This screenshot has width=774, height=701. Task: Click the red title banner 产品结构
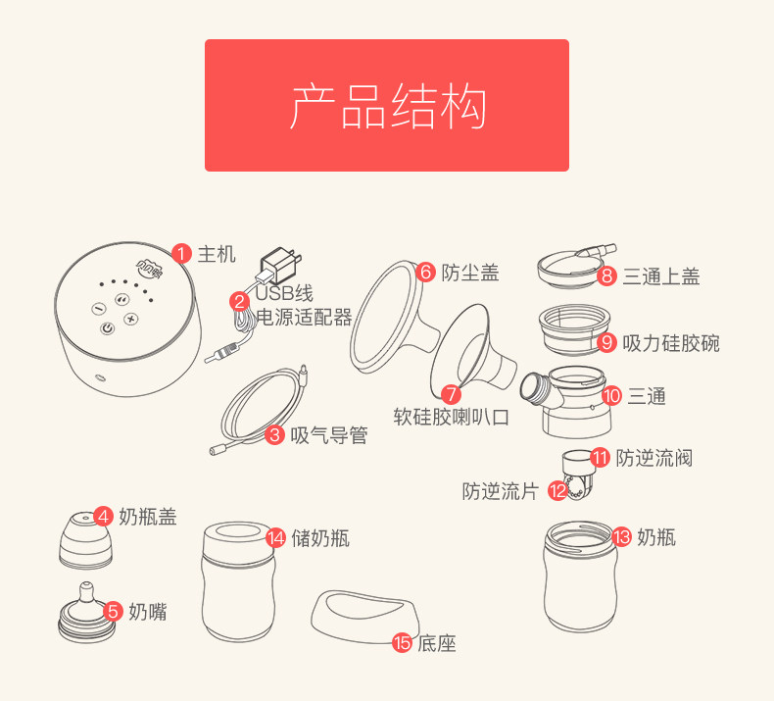(387, 105)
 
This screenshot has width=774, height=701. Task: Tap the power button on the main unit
(108, 328)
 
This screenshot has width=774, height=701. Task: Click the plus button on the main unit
(131, 320)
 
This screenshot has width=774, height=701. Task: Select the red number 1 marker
(181, 254)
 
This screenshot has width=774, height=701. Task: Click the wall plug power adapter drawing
(280, 267)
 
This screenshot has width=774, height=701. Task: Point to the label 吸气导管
(329, 435)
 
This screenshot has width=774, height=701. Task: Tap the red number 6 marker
(425, 272)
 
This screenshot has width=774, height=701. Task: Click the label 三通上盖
(661, 276)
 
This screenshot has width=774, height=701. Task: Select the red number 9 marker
(606, 342)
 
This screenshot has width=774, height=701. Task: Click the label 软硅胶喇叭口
(451, 417)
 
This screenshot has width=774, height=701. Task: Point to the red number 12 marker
(557, 490)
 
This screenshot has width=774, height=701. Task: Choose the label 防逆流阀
(654, 458)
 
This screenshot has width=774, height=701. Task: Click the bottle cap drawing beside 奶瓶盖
(85, 540)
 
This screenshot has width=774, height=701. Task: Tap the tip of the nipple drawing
(87, 584)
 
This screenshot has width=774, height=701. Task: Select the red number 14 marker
(275, 538)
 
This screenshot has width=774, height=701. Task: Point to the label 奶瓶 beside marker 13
(656, 537)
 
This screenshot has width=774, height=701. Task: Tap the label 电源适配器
(304, 317)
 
